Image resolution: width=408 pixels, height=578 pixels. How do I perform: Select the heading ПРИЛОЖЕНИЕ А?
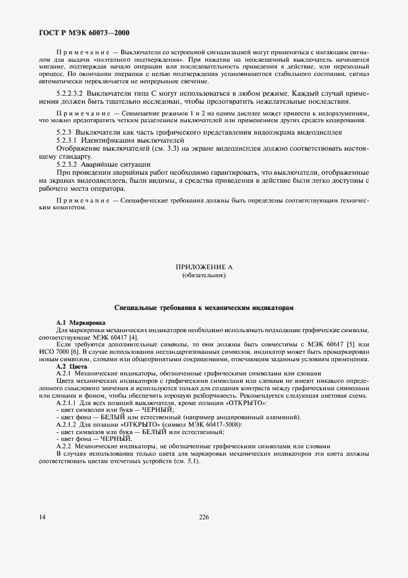pos(204,267)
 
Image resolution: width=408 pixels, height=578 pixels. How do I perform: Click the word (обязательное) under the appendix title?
pos(204,275)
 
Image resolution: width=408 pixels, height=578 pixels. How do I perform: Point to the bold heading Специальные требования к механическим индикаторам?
pos(204,307)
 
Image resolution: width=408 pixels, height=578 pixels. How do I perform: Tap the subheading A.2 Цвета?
pos(67,366)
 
